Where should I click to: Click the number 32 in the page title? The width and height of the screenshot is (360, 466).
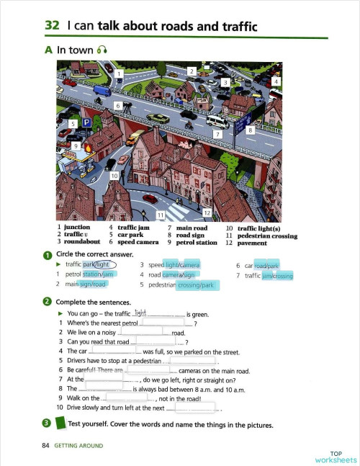click(x=52, y=27)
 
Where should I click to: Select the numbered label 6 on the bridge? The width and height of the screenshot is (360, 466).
click(x=118, y=105)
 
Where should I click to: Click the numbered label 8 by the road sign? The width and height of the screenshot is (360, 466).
click(x=250, y=130)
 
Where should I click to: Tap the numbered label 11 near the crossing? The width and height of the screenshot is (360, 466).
click(x=161, y=215)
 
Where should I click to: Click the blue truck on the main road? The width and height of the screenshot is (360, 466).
click(x=102, y=91)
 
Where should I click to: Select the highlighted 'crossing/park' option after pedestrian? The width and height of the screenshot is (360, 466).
click(x=197, y=285)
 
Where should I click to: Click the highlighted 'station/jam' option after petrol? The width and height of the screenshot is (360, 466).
click(x=99, y=274)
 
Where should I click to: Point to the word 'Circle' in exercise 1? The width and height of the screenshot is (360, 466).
click(x=65, y=254)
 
